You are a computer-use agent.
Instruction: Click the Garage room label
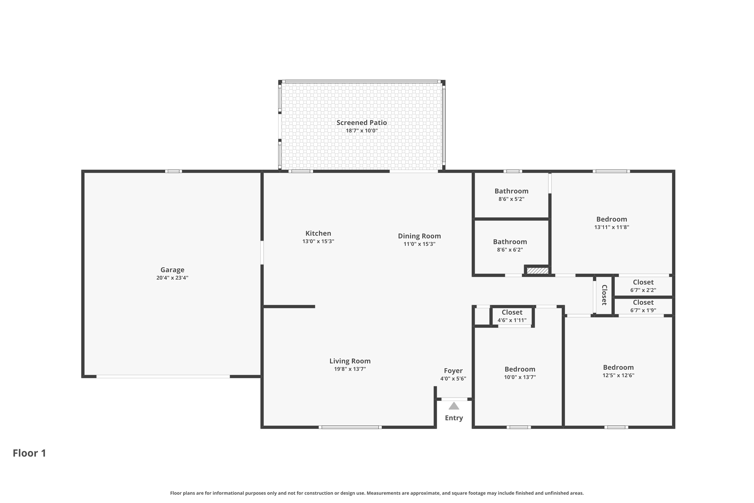tap(172, 270)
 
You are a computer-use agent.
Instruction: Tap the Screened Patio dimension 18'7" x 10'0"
tap(361, 131)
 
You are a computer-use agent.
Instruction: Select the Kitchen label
tap(318, 233)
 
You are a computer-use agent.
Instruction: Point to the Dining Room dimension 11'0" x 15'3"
tap(419, 244)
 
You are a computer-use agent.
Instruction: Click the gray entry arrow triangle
tap(454, 406)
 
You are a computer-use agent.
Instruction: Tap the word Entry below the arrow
tap(454, 418)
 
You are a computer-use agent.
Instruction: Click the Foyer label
tap(453, 370)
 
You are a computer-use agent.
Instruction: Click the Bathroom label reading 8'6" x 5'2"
tap(511, 191)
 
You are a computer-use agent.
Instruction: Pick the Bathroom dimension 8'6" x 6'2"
tap(510, 249)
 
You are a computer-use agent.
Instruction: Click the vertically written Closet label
tap(604, 295)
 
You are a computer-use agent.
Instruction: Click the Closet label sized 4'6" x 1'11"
tap(512, 312)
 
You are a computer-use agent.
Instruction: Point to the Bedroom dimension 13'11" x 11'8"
tap(611, 227)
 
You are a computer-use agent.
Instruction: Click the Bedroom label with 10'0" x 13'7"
tap(520, 369)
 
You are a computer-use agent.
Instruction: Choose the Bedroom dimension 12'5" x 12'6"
tap(618, 375)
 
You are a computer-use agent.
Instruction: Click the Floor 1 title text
tap(29, 453)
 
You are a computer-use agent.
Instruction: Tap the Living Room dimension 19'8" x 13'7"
tap(350, 369)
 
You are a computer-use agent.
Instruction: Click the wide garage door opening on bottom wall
tap(163, 376)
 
